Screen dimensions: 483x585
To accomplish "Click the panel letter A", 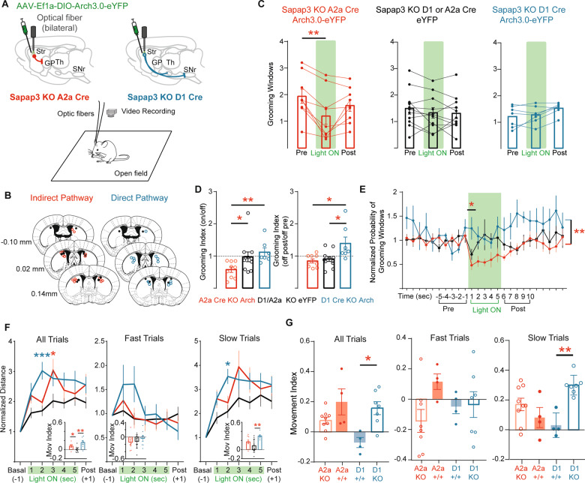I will [6, 7].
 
